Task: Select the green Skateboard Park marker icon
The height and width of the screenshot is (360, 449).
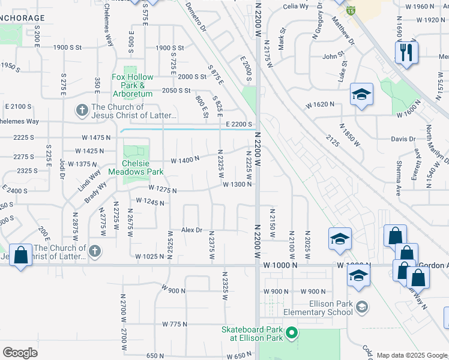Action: (291, 331)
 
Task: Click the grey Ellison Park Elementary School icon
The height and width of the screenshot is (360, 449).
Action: (361, 307)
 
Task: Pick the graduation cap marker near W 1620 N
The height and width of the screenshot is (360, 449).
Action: (361, 95)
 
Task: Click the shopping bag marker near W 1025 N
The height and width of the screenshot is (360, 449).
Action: (21, 255)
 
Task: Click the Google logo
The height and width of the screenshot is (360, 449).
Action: (20, 352)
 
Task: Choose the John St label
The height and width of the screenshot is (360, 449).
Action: (332, 56)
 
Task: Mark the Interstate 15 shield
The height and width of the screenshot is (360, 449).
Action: (350, 10)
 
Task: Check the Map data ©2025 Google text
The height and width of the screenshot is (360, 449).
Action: (411, 355)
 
